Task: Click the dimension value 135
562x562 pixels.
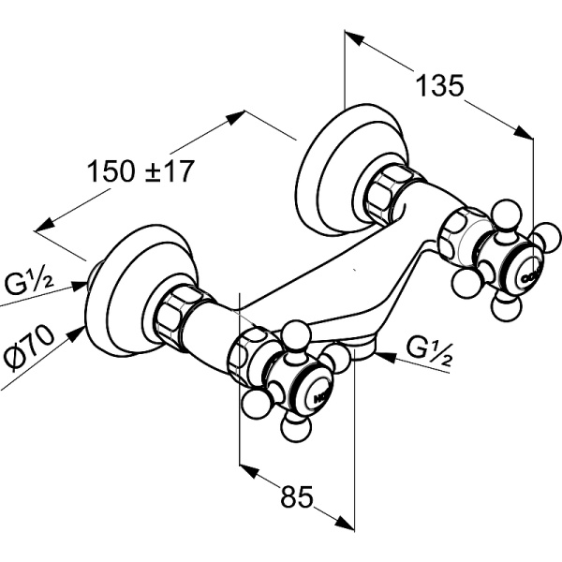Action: point(439,86)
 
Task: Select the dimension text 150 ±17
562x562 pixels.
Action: point(140,171)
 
